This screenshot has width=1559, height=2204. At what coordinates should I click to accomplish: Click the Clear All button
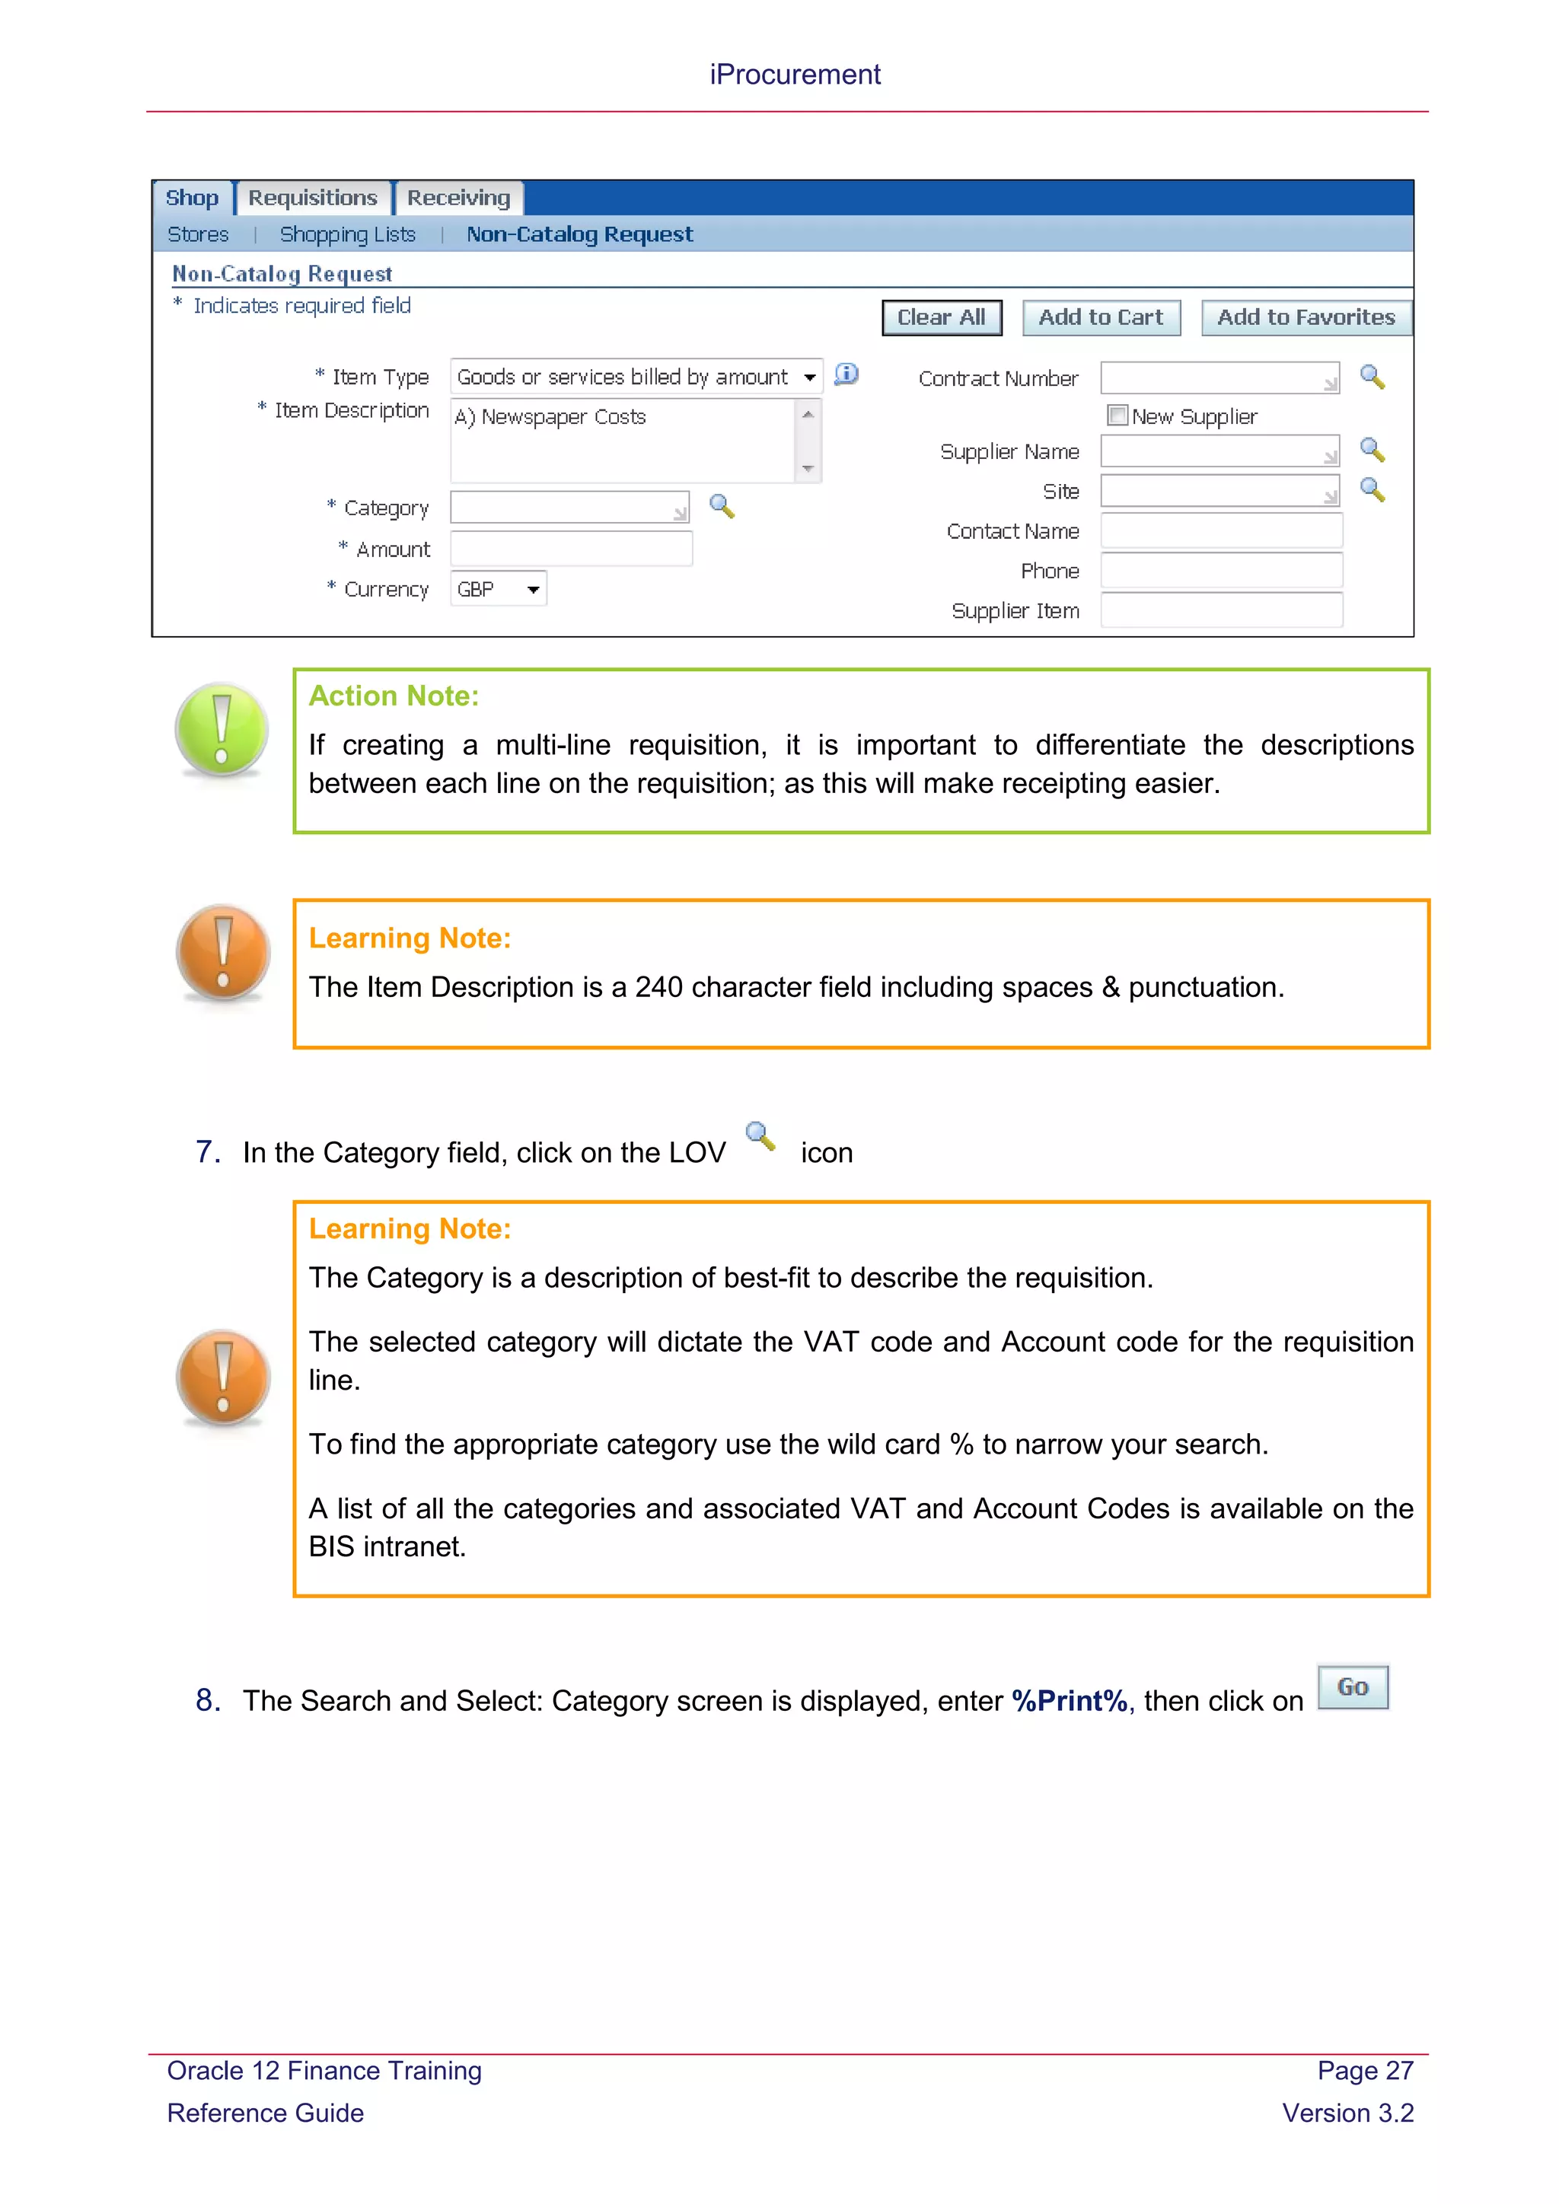coord(941,317)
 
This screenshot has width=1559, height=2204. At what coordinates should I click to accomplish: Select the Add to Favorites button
coord(1306,317)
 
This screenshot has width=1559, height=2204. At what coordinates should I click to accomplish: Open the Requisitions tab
coord(313,198)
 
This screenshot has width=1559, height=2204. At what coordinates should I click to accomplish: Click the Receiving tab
coord(459,198)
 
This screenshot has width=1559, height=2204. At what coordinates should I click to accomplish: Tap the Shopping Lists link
coord(348,234)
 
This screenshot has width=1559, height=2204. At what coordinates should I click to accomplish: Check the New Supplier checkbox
coord(1117,416)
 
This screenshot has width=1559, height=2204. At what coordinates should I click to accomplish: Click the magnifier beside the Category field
coord(722,506)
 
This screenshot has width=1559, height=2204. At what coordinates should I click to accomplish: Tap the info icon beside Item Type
coord(846,374)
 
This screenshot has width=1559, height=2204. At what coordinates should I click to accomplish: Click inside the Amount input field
coord(571,549)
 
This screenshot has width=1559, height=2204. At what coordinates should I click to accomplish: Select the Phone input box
coord(1221,571)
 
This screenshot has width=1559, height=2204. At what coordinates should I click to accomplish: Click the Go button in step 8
coord(1353,1686)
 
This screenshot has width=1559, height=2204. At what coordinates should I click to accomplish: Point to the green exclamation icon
coord(222,730)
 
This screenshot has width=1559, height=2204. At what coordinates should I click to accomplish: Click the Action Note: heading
coord(394,696)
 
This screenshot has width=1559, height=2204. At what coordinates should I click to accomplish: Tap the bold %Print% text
coord(1070,1701)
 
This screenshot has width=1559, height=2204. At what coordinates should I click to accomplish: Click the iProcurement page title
coord(795,74)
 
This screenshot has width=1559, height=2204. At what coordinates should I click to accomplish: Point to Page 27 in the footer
coord(1364,2071)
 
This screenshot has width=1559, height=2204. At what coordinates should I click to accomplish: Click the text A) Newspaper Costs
coord(550,416)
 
